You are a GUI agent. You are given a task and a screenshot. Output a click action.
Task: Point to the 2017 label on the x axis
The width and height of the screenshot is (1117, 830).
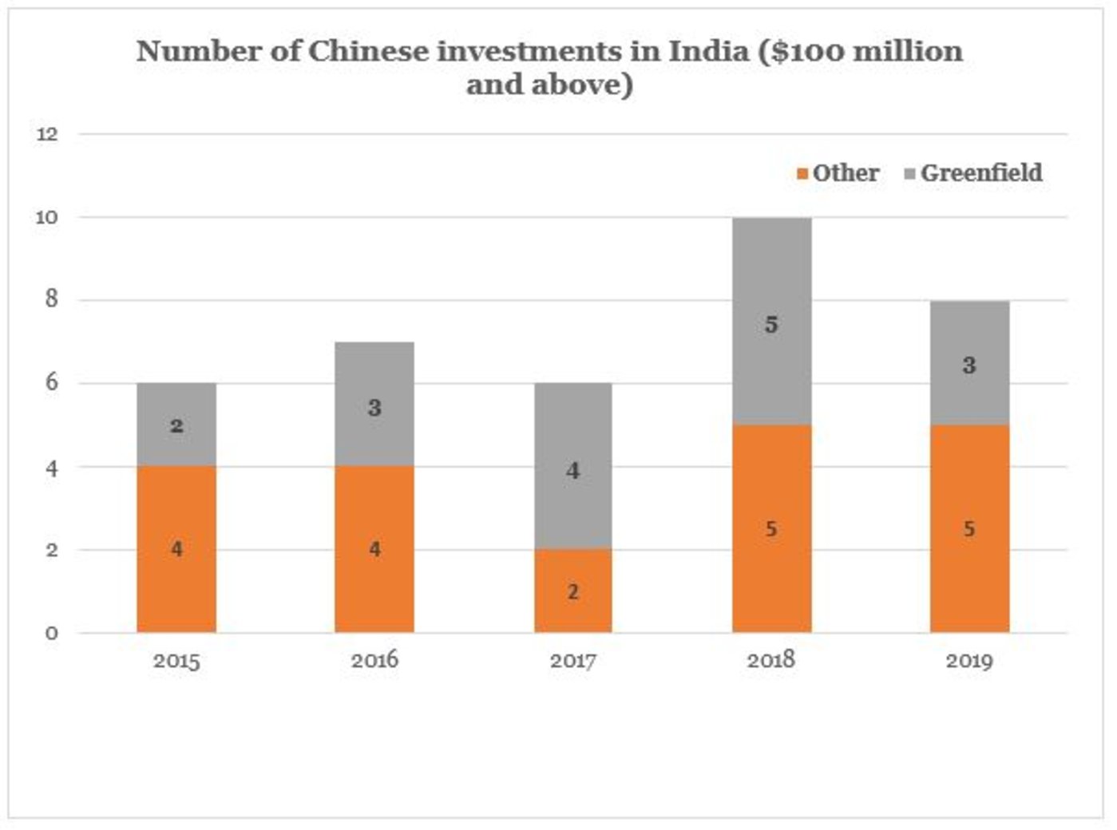click(x=572, y=662)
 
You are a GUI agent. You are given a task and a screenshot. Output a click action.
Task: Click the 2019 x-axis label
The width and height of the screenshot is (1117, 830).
click(x=969, y=662)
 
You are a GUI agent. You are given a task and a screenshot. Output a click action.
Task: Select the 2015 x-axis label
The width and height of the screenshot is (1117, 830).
click(x=176, y=662)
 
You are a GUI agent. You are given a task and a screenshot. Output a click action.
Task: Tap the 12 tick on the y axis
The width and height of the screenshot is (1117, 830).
click(x=47, y=134)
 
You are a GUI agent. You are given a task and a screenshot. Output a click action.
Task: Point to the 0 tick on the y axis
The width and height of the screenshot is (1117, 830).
click(x=51, y=634)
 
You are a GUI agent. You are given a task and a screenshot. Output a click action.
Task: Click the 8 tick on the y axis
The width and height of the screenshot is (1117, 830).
click(x=52, y=300)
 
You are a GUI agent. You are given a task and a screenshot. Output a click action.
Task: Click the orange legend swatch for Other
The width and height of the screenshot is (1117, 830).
click(x=802, y=174)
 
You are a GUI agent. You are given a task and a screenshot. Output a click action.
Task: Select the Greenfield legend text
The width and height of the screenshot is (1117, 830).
click(x=981, y=173)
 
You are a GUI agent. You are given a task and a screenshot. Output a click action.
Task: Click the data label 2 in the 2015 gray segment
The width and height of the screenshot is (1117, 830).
click(x=176, y=426)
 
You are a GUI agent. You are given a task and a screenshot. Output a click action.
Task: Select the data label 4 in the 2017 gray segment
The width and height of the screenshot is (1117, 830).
click(x=572, y=471)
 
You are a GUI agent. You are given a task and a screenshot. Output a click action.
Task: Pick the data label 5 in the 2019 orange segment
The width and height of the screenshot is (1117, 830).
click(x=969, y=529)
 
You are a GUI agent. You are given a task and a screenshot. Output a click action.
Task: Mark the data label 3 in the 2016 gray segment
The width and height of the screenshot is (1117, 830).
click(x=374, y=409)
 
